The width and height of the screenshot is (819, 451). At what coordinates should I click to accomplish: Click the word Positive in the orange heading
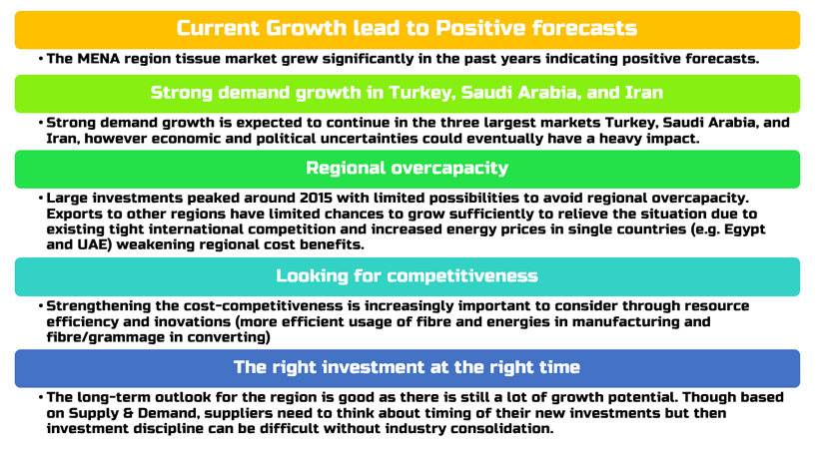click(480, 28)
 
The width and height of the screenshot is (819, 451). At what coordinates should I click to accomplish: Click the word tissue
click(197, 59)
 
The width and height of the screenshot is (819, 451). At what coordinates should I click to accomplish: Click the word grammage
click(127, 337)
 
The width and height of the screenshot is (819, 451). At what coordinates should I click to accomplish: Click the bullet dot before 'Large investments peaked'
click(41, 199)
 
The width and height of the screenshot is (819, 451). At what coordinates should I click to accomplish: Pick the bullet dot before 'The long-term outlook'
click(41, 398)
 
